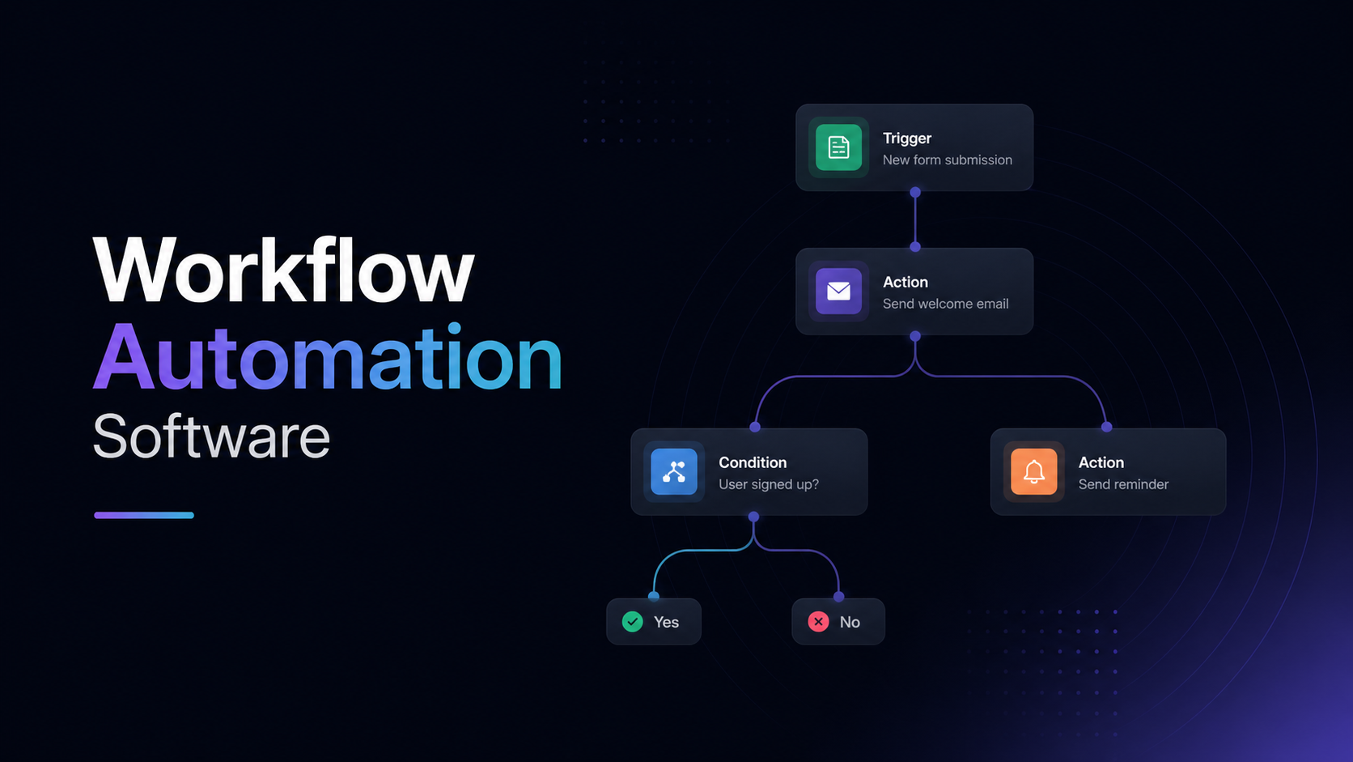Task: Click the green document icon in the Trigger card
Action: (838, 147)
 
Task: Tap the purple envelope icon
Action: (838, 291)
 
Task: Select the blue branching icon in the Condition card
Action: (674, 471)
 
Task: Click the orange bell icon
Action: (1033, 471)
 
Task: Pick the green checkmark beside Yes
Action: (633, 621)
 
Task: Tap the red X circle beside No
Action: (818, 621)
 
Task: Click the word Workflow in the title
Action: (283, 271)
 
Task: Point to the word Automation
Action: (328, 359)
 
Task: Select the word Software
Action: (212, 437)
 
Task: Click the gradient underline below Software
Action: (144, 515)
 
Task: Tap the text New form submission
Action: (947, 160)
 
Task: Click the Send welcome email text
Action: (945, 304)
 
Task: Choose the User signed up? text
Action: (769, 484)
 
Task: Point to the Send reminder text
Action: (1123, 484)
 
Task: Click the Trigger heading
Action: (907, 138)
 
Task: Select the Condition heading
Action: (753, 462)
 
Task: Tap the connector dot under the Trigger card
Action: (915, 193)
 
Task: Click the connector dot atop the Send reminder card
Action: (1106, 427)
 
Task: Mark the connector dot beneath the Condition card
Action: (753, 517)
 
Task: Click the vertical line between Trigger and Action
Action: (915, 219)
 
